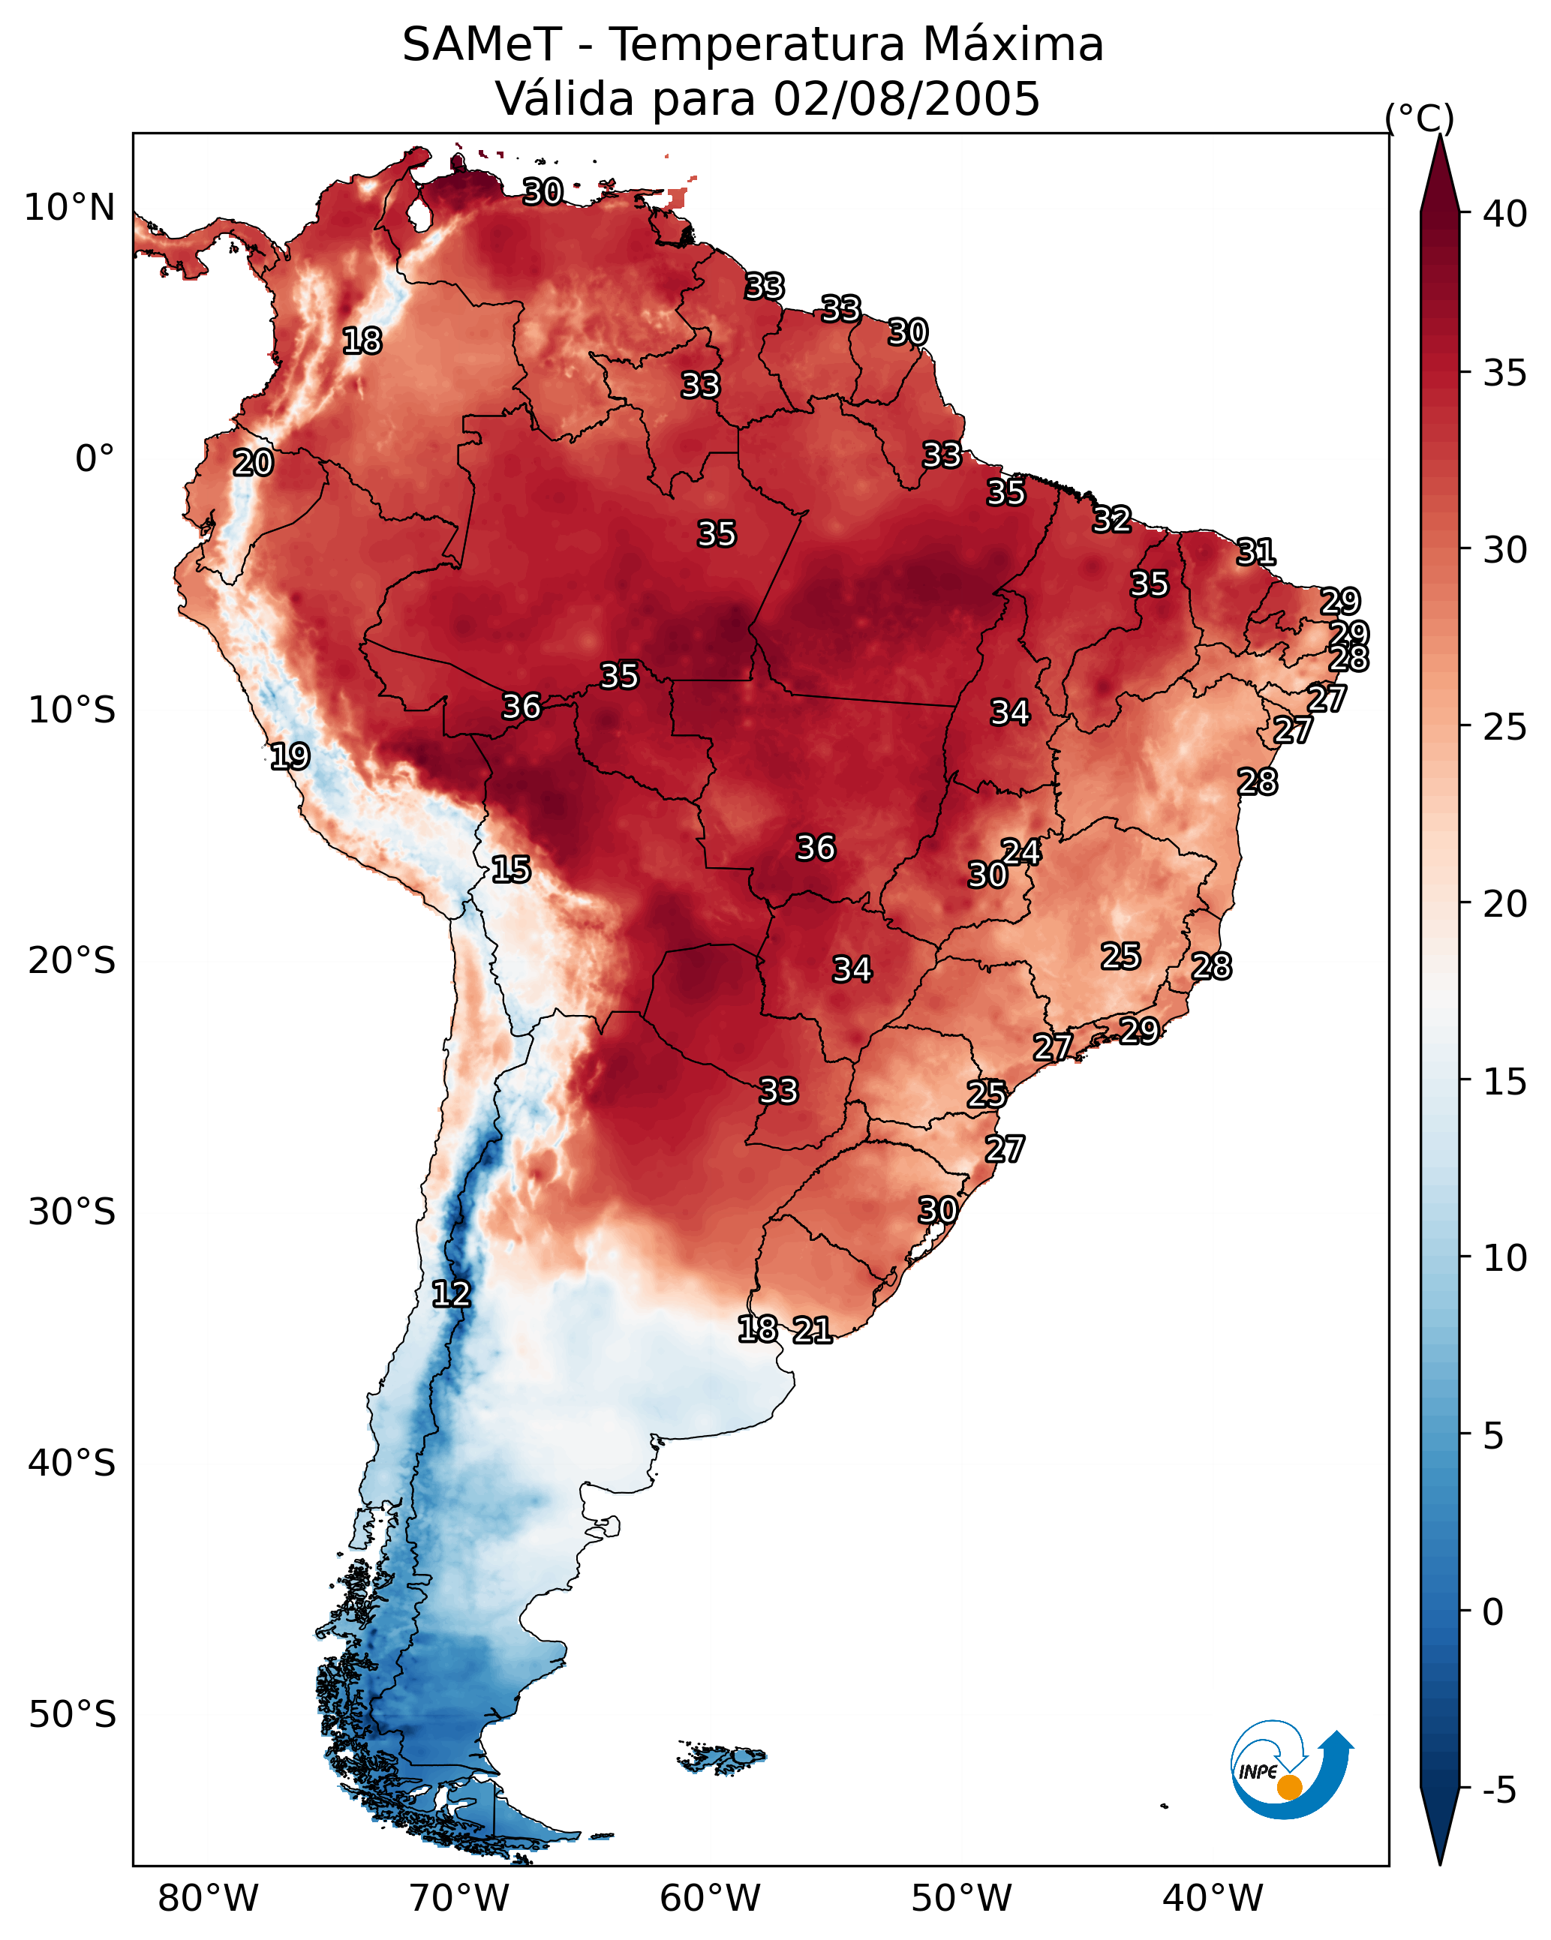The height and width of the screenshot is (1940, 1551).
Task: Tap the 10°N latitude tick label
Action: (69, 208)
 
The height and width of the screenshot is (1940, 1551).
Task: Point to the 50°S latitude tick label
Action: (72, 1714)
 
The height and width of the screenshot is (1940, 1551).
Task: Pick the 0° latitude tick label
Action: (95, 459)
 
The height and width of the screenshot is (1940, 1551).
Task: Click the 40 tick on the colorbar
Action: (1506, 214)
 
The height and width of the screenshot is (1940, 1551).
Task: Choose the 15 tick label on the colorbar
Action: (1506, 1082)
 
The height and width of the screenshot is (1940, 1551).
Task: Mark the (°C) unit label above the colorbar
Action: (1420, 118)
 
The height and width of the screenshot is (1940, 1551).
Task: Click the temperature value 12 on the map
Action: (451, 1294)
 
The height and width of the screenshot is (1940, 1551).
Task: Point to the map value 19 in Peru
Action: (290, 756)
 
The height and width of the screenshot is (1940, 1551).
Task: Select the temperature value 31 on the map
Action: (1256, 551)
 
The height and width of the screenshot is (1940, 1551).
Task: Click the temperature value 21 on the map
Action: (812, 1329)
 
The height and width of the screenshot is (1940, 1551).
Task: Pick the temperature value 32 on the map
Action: (1112, 519)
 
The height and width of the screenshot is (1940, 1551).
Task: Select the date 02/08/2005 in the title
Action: (906, 98)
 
